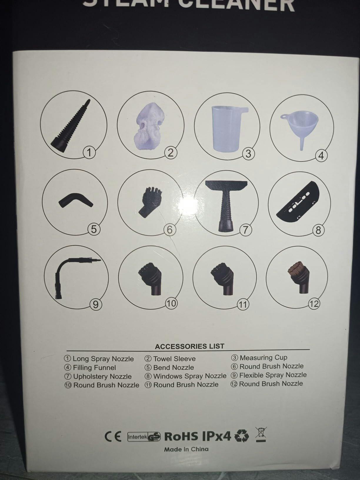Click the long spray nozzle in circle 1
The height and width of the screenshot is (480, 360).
70,126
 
